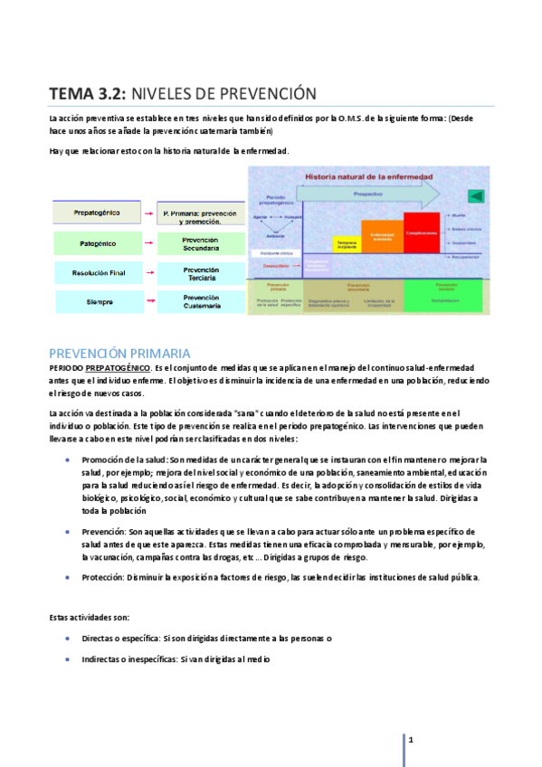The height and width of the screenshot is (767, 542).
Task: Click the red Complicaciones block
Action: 421,232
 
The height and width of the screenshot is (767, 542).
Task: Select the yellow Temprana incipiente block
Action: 347,244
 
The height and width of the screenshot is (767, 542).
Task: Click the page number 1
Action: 411,741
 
